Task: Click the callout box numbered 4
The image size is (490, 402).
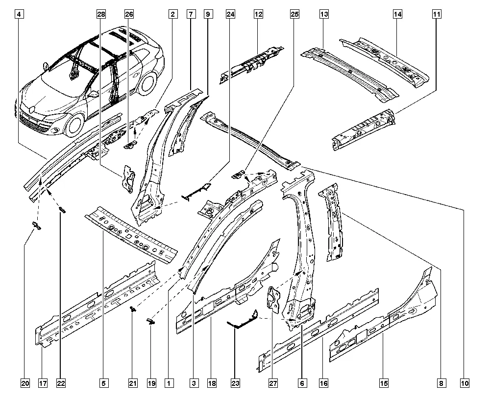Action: [20, 14]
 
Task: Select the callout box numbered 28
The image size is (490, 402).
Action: [101, 14]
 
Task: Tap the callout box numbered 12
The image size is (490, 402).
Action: [258, 14]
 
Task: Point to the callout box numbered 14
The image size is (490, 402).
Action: [397, 14]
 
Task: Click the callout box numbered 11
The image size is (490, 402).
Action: [437, 14]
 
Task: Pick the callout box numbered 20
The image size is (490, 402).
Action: [25, 383]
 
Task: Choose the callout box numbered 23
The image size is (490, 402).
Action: [235, 383]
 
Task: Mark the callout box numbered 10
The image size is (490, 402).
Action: [465, 383]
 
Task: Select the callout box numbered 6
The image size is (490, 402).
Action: [302, 383]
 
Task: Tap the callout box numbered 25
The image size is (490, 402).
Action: [294, 14]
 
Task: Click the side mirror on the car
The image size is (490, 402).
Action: [93, 94]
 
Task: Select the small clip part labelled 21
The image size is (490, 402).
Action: [133, 309]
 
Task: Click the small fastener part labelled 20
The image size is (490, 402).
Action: [37, 225]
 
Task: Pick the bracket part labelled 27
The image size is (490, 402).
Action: [273, 300]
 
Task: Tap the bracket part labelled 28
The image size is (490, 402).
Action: [128, 179]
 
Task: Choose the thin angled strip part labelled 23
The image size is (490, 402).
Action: [243, 321]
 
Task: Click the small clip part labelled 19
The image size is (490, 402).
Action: [150, 321]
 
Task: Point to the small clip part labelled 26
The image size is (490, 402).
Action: [131, 145]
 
